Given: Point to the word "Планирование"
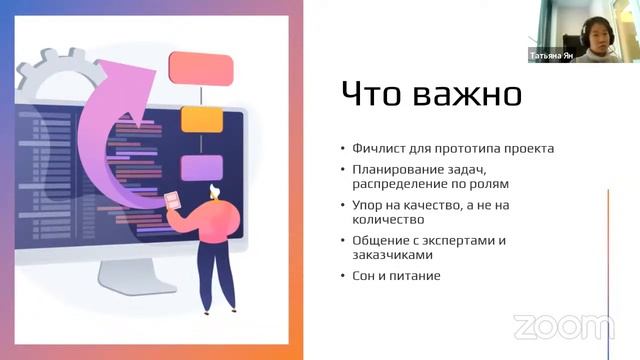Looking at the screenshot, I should click(392, 170).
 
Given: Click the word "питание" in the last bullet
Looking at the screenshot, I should click(417, 275).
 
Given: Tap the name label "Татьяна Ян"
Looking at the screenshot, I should click(552, 56).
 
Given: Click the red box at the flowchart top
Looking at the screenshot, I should click(201, 68).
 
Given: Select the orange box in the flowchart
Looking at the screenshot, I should click(200, 119).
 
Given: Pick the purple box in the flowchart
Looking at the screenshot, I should click(200, 167).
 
